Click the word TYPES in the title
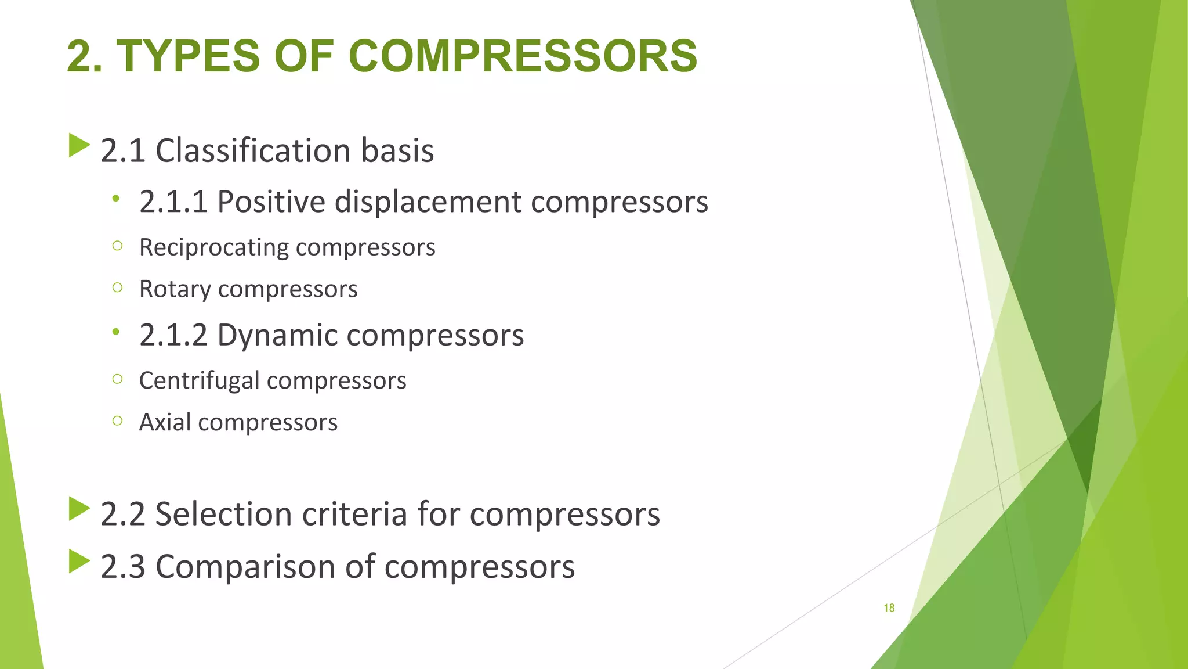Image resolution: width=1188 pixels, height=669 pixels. (189, 56)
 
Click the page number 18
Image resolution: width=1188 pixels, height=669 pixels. (889, 608)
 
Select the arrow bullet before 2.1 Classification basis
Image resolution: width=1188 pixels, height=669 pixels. (79, 145)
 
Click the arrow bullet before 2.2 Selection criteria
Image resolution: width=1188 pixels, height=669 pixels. (79, 509)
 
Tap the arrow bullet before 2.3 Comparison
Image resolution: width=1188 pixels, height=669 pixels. (79, 561)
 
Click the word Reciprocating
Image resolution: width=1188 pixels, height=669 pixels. (213, 248)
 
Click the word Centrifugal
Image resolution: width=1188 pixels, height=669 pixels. (199, 381)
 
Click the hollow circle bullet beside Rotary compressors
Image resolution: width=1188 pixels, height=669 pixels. (118, 287)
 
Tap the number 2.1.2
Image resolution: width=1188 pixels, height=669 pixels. (173, 335)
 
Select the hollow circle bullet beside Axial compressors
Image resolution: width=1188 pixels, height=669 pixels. (118, 420)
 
